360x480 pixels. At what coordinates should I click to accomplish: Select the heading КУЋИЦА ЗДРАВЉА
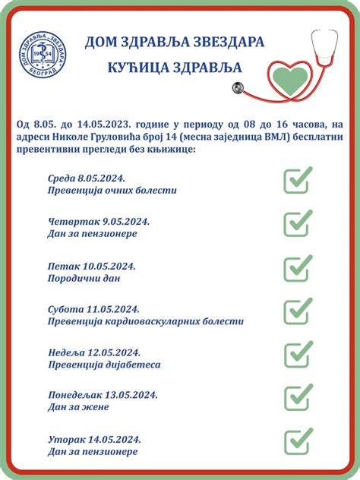pyautogui.click(x=175, y=68)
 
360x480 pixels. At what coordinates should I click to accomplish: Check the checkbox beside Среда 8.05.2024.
pyautogui.click(x=298, y=180)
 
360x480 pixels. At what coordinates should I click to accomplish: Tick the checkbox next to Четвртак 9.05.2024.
pyautogui.click(x=298, y=223)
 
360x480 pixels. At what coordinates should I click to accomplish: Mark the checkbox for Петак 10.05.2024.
pyautogui.click(x=298, y=268)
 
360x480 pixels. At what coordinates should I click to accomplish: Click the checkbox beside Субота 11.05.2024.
pyautogui.click(x=298, y=311)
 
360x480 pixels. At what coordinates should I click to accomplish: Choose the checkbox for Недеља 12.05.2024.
pyautogui.click(x=298, y=355)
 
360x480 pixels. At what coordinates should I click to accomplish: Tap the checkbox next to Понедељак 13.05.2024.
pyautogui.click(x=298, y=397)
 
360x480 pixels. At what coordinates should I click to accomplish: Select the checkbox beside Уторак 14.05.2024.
pyautogui.click(x=298, y=441)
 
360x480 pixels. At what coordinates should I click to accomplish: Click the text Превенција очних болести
pyautogui.click(x=112, y=190)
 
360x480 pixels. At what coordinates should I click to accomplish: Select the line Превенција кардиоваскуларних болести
pyautogui.click(x=145, y=321)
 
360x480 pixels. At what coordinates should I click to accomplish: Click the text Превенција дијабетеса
pyautogui.click(x=103, y=365)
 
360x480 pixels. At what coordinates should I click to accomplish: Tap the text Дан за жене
pyautogui.click(x=77, y=407)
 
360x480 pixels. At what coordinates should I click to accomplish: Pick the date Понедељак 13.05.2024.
pyautogui.click(x=102, y=394)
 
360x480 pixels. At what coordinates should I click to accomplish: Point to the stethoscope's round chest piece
pyautogui.click(x=239, y=88)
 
